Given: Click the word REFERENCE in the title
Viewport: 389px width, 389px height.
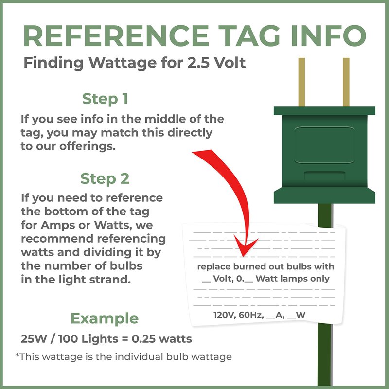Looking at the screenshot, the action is click(x=116, y=35).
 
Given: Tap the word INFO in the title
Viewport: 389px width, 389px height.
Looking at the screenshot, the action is click(x=328, y=35).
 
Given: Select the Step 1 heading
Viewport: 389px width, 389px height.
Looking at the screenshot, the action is click(x=105, y=99).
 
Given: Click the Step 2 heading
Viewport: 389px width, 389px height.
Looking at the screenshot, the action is click(x=105, y=178).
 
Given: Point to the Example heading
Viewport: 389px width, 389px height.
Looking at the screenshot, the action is click(x=105, y=318).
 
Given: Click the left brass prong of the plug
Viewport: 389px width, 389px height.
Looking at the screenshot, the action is click(x=301, y=82).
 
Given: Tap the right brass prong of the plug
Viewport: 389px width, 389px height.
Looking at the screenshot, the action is click(x=346, y=82).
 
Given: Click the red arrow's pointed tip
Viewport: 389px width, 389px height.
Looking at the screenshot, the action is click(x=244, y=256).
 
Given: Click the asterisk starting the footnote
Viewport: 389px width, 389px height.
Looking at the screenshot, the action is click(x=17, y=355).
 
